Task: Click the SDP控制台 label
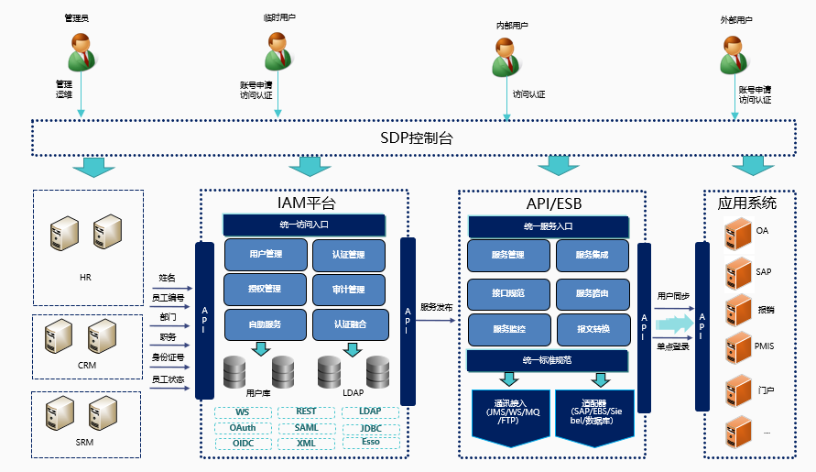(417, 138)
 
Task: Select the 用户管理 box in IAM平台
(265, 255)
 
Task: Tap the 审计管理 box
(349, 290)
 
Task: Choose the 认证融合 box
(349, 324)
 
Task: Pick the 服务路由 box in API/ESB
(592, 293)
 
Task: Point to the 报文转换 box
(592, 328)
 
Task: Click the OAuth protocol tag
(243, 428)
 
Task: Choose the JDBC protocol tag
(370, 428)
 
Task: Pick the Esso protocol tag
(370, 443)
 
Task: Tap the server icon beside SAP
(738, 272)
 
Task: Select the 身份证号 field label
(168, 357)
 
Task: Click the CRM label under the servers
(85, 364)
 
